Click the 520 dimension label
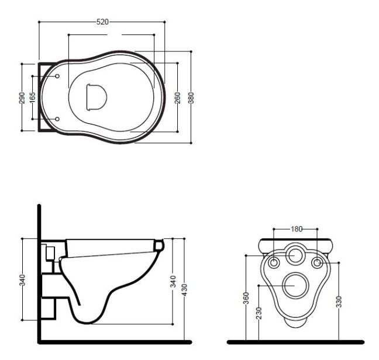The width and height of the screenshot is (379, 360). click(x=102, y=22)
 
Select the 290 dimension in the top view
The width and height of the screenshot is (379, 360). click(x=22, y=98)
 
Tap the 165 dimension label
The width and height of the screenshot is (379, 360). click(x=32, y=97)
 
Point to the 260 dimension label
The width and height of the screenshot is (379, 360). click(x=178, y=98)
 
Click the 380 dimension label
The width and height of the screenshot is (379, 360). click(x=191, y=98)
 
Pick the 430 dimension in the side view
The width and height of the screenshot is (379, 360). click(x=184, y=290)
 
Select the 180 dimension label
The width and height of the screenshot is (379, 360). click(x=297, y=229)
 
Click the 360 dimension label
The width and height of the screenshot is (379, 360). click(x=246, y=298)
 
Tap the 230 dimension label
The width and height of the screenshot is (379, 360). click(x=259, y=313)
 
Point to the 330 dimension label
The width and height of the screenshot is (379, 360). click(x=339, y=302)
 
